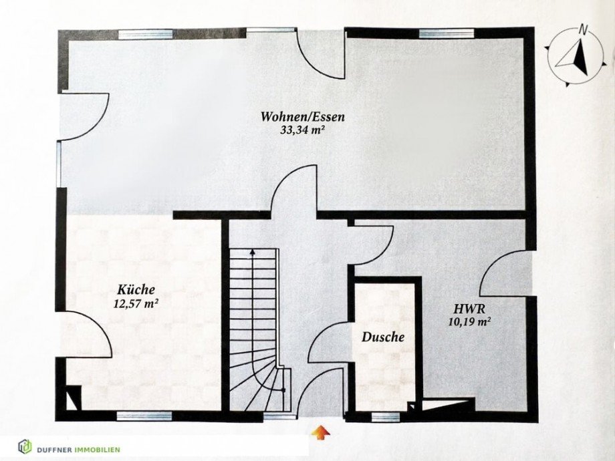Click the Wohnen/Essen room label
pyautogui.click(x=303, y=118)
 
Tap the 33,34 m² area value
pyautogui.click(x=303, y=130)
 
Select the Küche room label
pyautogui.click(x=136, y=290)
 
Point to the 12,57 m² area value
pyautogui.click(x=136, y=303)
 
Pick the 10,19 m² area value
pyautogui.click(x=470, y=321)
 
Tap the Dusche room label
pyautogui.click(x=383, y=337)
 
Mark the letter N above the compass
pyautogui.click(x=584, y=29)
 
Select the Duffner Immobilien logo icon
pyautogui.click(x=25, y=446)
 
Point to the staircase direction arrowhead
pyautogui.click(x=253, y=253)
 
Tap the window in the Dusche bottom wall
pyautogui.click(x=386, y=417)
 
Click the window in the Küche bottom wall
pyautogui.click(x=144, y=416)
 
